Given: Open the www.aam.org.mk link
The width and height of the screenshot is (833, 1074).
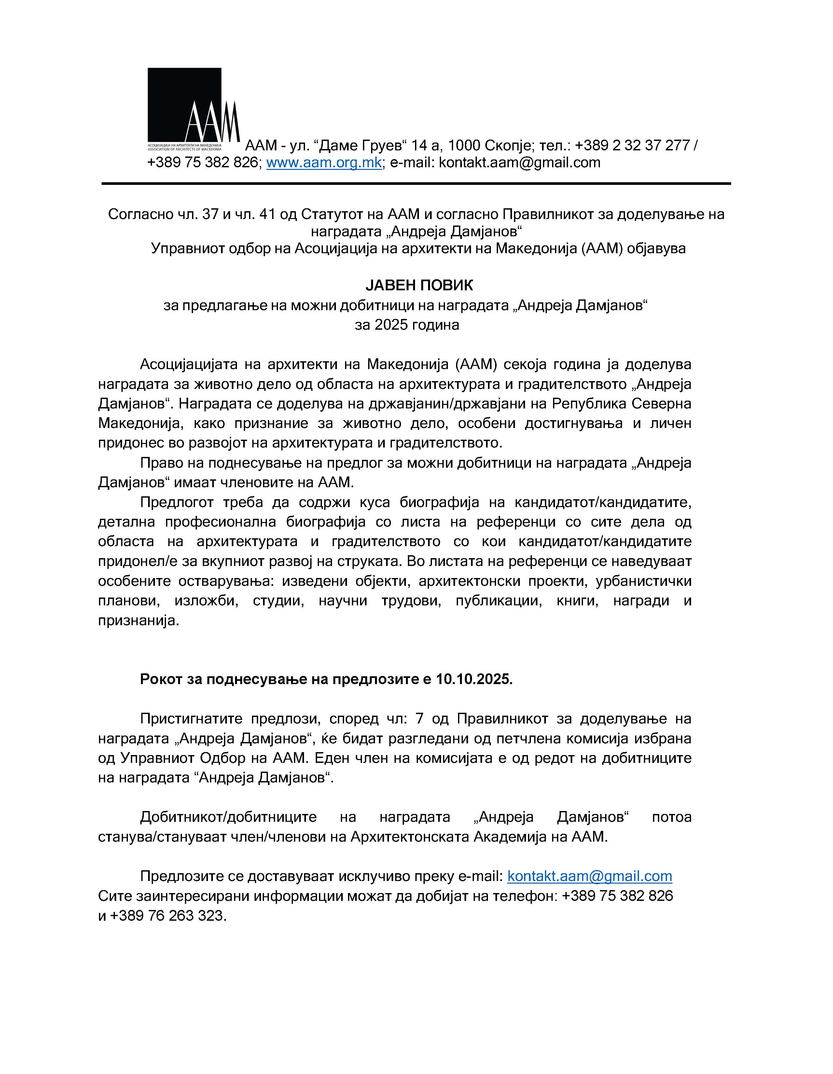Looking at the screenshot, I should tap(324, 162).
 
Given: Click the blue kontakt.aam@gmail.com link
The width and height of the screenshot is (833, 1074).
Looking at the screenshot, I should tap(589, 876).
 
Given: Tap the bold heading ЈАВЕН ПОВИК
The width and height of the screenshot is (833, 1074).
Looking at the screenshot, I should tap(419, 285).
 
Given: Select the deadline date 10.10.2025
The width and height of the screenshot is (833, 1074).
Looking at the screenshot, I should tap(474, 679).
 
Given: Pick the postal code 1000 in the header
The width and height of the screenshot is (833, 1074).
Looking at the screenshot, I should tap(464, 145).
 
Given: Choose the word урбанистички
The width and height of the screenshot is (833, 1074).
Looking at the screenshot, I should tap(643, 581).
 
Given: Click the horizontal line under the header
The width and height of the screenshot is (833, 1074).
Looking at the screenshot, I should tap(416, 184).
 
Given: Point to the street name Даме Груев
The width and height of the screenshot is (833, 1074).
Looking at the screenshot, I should tap(362, 145).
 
